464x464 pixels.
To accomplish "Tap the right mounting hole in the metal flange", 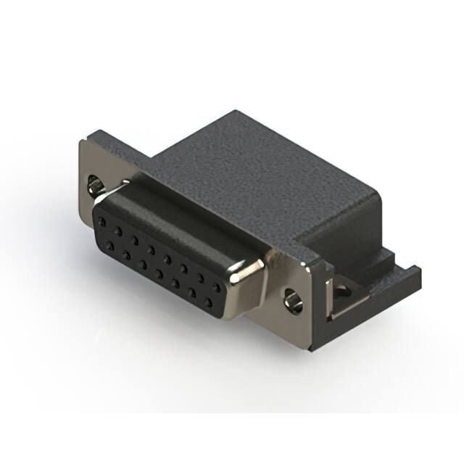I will point(293,298).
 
